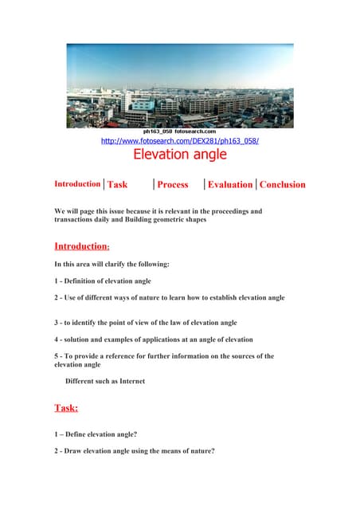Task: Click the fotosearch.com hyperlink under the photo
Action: pos(179,141)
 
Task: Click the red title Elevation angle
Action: pos(179,155)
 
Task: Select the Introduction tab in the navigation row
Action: pos(77,184)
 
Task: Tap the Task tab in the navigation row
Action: pos(117,185)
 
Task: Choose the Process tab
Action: pos(173,185)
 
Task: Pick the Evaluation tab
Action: pos(230,185)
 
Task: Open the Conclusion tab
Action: pos(282,185)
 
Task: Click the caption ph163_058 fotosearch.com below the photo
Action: pos(179,131)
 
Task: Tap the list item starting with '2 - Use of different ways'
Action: pos(169,297)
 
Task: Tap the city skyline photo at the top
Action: pos(179,84)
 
